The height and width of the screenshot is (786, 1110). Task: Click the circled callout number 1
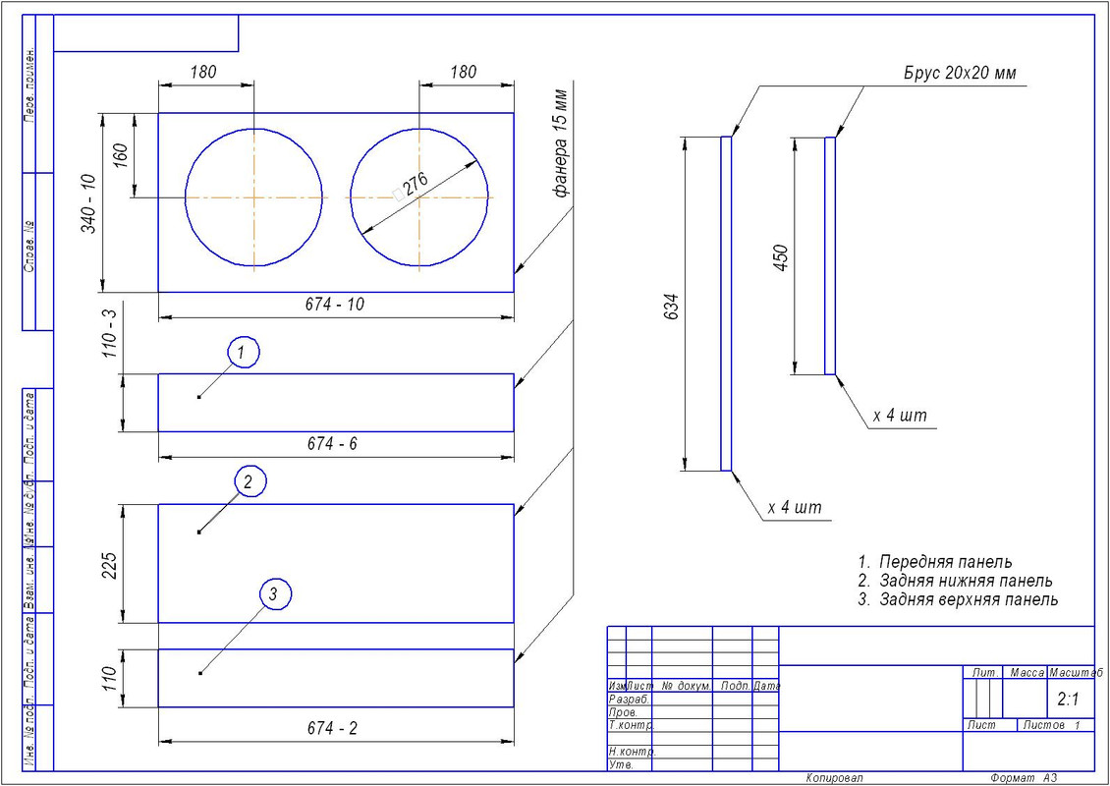(244, 351)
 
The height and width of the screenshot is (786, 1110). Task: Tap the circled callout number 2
(250, 481)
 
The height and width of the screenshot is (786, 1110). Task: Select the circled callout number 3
(275, 593)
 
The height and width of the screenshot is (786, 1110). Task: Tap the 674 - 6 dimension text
(332, 445)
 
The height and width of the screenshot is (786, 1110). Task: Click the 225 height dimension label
(110, 566)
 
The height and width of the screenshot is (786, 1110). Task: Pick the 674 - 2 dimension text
(332, 728)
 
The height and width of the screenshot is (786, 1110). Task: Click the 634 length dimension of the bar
(673, 307)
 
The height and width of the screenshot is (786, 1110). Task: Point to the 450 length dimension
(782, 258)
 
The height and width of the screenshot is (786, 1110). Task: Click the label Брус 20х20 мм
(960, 74)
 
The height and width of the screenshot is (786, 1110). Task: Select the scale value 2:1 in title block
(1068, 700)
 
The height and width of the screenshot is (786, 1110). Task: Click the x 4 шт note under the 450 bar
(900, 416)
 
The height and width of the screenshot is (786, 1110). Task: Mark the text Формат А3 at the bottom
(1025, 777)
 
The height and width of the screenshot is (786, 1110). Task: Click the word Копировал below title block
(834, 777)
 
